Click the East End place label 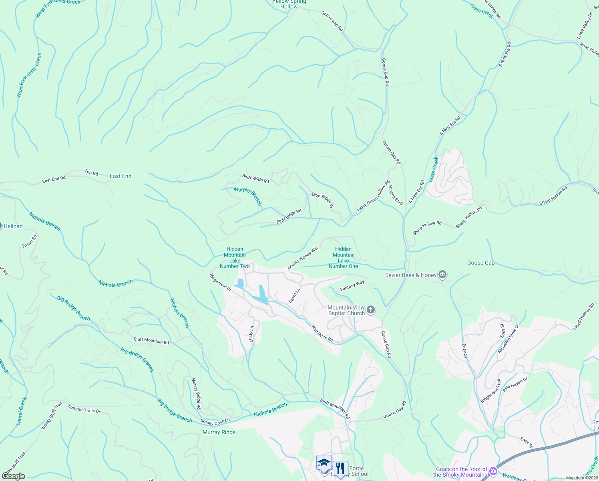coord(120,176)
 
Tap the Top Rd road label coord(91,173)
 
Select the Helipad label coord(13,226)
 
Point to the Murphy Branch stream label coord(248,196)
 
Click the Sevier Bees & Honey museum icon coord(442,275)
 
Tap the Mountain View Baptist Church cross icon coord(371,310)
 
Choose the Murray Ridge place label coord(219,432)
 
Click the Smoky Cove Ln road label coord(215,422)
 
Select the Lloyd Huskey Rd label coord(584,317)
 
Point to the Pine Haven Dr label coord(515,384)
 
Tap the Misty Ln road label coord(251,334)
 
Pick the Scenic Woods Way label coord(303,258)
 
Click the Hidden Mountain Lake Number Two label coord(235,257)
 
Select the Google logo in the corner coord(14,476)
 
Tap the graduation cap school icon coord(324,463)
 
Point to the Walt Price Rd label coord(322,333)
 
